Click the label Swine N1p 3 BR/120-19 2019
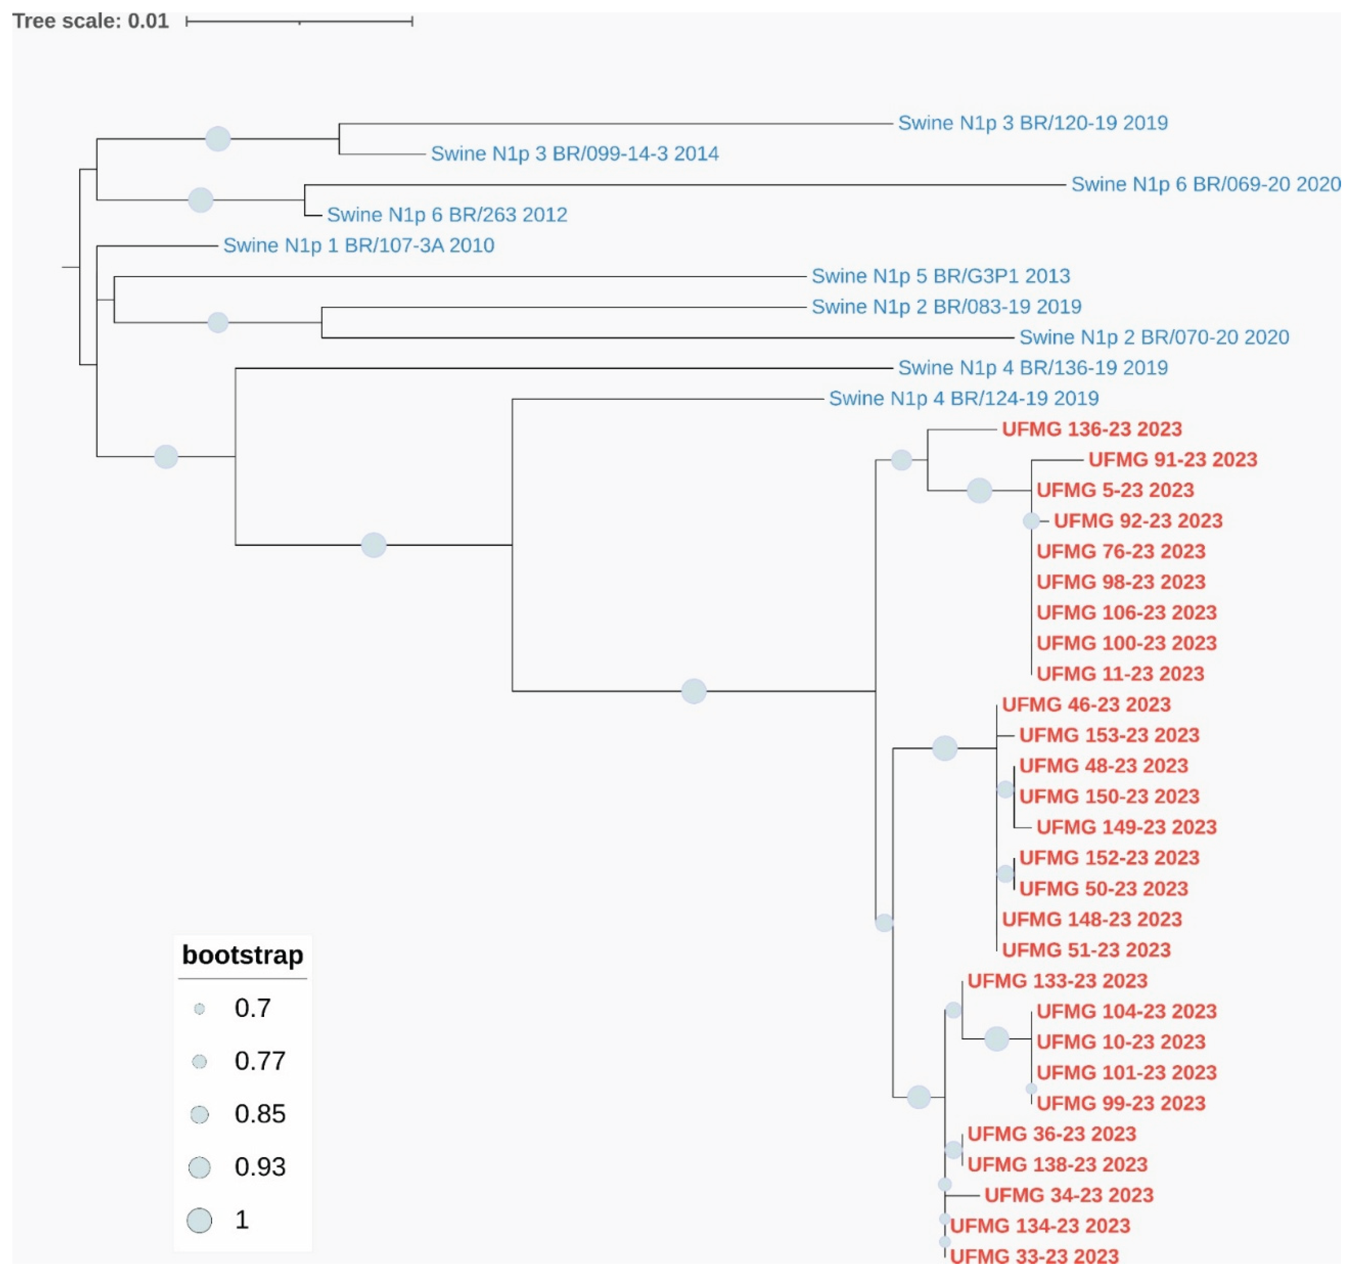1032,123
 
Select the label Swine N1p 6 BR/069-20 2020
1205,184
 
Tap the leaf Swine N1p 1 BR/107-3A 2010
358,246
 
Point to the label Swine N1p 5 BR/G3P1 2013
940,277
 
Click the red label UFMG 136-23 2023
1091,429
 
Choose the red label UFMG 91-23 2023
1172,460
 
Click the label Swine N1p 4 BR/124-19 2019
963,399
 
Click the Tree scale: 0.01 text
91,21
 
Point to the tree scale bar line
299,22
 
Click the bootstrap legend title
242,955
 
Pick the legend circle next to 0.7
199,1009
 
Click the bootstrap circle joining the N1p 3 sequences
218,139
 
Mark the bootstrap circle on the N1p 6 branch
200,200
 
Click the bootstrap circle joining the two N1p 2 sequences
218,323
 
